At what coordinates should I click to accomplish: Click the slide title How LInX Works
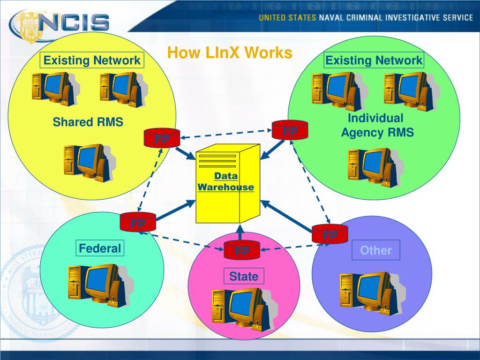point(230,52)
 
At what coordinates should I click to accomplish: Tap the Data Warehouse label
point(226,182)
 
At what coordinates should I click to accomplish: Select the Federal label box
point(100,248)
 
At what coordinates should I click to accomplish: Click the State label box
point(244,276)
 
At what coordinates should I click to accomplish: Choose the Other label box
point(375,250)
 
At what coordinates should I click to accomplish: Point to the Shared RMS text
point(88,122)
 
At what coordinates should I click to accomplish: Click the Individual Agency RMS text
point(377,125)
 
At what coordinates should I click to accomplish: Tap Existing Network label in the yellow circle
point(92,60)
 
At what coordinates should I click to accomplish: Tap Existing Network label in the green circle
point(374,60)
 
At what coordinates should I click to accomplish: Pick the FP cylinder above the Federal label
point(138,222)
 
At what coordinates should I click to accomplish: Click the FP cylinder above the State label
point(242,250)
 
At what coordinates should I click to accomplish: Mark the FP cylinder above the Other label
point(330,233)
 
